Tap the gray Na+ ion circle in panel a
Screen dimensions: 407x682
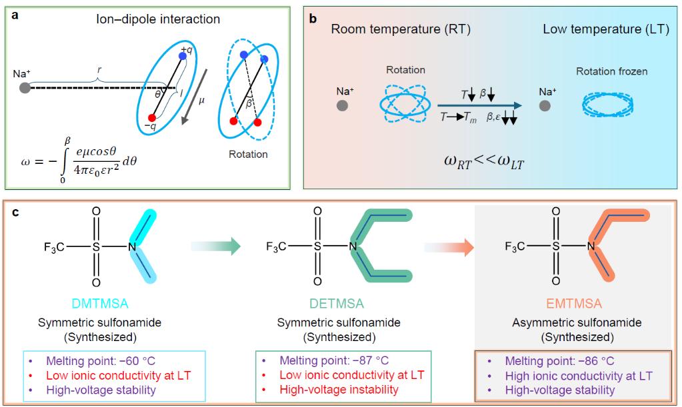pyautogui.click(x=25, y=87)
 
